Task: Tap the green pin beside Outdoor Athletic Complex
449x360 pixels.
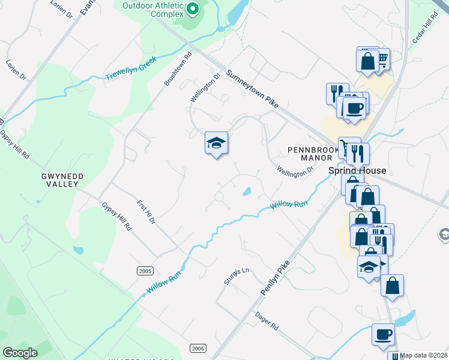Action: (x=193, y=8)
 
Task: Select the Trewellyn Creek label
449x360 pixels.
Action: (x=131, y=68)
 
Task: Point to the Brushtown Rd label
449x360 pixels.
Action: (x=178, y=70)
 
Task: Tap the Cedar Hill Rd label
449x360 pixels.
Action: (x=421, y=43)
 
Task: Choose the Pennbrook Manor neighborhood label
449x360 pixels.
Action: (x=309, y=153)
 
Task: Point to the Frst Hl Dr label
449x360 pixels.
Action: (x=146, y=212)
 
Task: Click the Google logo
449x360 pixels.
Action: (x=20, y=353)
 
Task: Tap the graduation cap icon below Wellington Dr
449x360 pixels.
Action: (x=216, y=143)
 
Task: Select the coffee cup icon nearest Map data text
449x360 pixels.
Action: (x=384, y=334)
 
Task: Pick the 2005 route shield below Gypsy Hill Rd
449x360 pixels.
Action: (x=145, y=271)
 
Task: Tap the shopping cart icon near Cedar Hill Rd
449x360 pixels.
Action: (x=381, y=59)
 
